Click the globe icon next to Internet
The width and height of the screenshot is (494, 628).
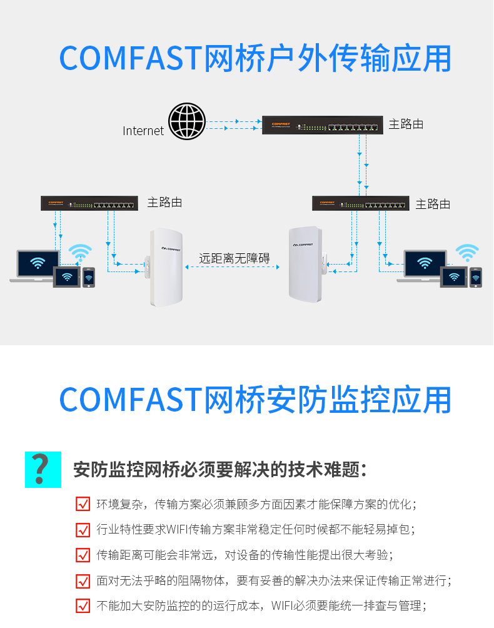pos(187,121)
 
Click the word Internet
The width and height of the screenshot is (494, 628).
pos(143,131)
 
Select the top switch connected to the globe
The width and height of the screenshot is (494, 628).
pos(322,125)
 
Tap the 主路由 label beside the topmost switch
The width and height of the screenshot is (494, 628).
pos(406,124)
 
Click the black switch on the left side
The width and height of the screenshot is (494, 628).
pos(89,203)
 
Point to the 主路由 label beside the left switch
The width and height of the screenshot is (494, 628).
pos(164,202)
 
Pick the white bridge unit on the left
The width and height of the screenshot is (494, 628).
pos(165,267)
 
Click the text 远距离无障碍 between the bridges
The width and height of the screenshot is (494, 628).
pos(234,258)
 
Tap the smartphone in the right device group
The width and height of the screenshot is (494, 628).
pos(476,277)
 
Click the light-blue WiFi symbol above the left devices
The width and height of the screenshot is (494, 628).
pos(80,252)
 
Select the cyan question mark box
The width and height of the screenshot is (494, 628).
pos(43,469)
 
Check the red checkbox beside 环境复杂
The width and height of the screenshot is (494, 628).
pos(83,504)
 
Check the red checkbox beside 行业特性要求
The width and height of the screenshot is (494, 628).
pos(83,529)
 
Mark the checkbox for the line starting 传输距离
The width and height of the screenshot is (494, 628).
pos(83,555)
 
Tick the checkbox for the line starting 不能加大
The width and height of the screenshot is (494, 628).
pos(83,606)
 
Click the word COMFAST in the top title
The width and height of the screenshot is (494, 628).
pos(130,58)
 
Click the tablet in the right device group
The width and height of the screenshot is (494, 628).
pos(454,276)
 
